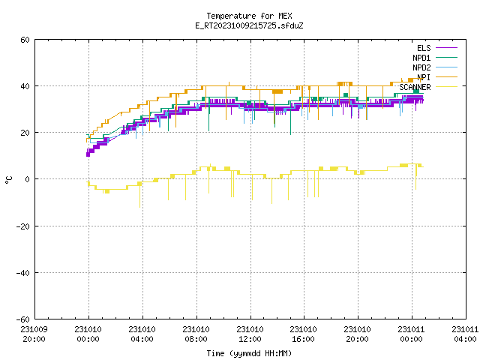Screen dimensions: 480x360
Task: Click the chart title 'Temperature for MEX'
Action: [249, 16]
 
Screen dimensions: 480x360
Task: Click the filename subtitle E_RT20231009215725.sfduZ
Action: [249, 25]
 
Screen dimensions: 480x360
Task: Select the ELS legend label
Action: [424, 48]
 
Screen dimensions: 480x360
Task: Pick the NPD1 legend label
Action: [421, 58]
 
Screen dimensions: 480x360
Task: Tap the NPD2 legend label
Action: [421, 67]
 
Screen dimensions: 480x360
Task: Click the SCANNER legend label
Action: [415, 87]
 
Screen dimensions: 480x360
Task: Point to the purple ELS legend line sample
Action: [447, 48]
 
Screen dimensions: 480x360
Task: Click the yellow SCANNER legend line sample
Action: [447, 87]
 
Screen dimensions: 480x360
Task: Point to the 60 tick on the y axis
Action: [25, 40]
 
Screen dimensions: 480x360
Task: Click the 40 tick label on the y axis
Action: [25, 86]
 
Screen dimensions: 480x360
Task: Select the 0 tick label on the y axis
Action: [28, 179]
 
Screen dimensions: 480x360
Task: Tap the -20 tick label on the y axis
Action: [23, 226]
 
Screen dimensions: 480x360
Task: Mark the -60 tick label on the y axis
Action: [23, 319]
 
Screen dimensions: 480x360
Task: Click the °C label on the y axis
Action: [8, 180]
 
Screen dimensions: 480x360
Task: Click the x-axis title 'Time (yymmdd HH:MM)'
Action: [249, 353]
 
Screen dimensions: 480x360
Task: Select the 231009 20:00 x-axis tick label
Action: [34, 334]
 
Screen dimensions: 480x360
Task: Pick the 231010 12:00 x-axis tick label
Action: [250, 334]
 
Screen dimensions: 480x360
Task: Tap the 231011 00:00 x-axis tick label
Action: [412, 334]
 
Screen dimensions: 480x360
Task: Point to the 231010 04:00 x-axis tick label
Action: [142, 334]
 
